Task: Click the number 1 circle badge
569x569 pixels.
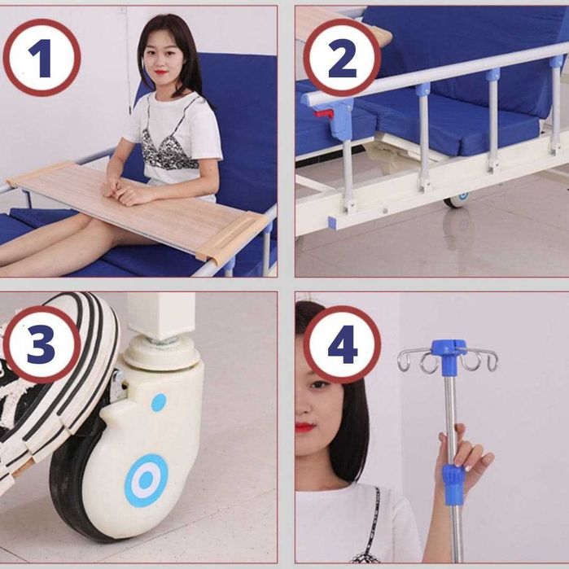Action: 42,57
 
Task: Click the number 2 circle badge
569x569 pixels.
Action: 342,57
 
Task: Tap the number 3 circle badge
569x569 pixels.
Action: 42,344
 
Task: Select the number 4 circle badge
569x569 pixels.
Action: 342,344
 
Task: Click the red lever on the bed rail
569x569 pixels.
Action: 324,114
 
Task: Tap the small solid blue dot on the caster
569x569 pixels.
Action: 159,403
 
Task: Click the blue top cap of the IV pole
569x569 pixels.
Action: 449,348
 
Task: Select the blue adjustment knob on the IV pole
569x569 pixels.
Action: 453,484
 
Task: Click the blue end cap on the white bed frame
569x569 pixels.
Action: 334,222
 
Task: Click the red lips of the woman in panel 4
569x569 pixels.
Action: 304,427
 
